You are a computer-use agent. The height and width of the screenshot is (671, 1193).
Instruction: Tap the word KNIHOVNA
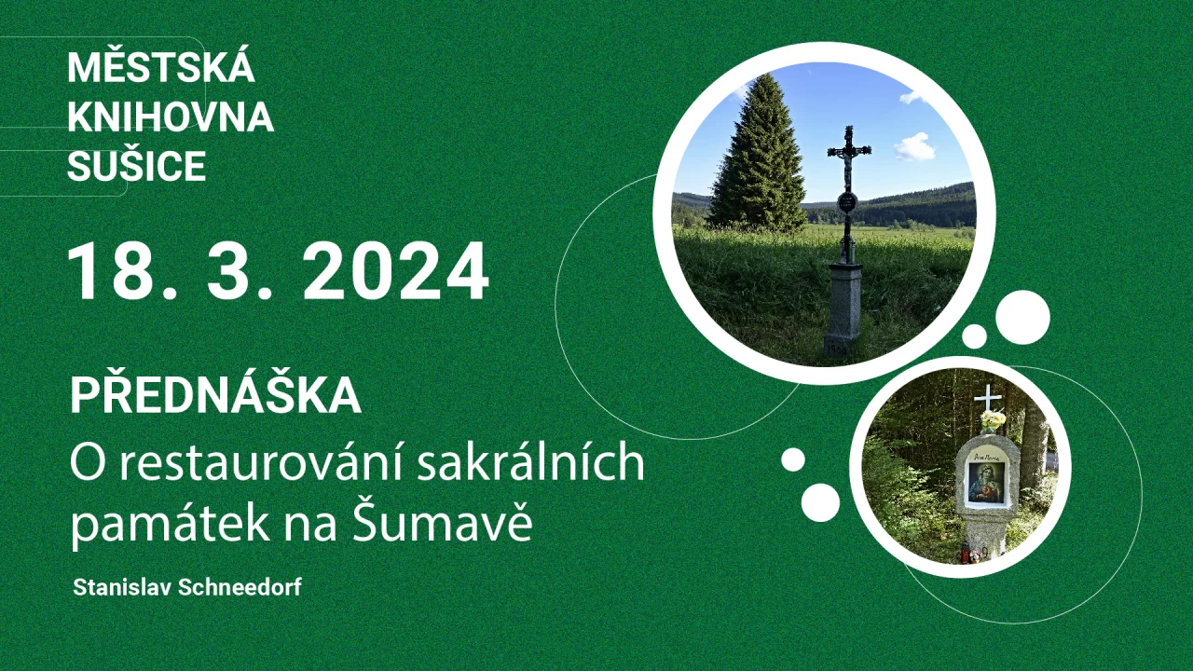[x=171, y=116]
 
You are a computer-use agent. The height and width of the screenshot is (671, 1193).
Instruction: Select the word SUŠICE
[x=137, y=166]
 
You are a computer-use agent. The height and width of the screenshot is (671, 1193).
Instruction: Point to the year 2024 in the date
[x=396, y=271]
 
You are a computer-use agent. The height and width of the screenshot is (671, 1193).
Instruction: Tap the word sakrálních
[x=531, y=461]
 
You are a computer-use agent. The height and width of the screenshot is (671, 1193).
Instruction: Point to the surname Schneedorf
[x=240, y=587]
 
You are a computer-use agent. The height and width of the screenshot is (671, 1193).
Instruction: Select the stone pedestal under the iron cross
[x=843, y=310]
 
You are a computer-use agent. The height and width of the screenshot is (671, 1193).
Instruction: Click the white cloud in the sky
[x=915, y=146]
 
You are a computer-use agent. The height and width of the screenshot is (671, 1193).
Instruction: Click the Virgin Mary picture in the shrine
[x=986, y=482]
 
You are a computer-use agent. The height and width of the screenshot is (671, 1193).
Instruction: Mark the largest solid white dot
[x=1022, y=318]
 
